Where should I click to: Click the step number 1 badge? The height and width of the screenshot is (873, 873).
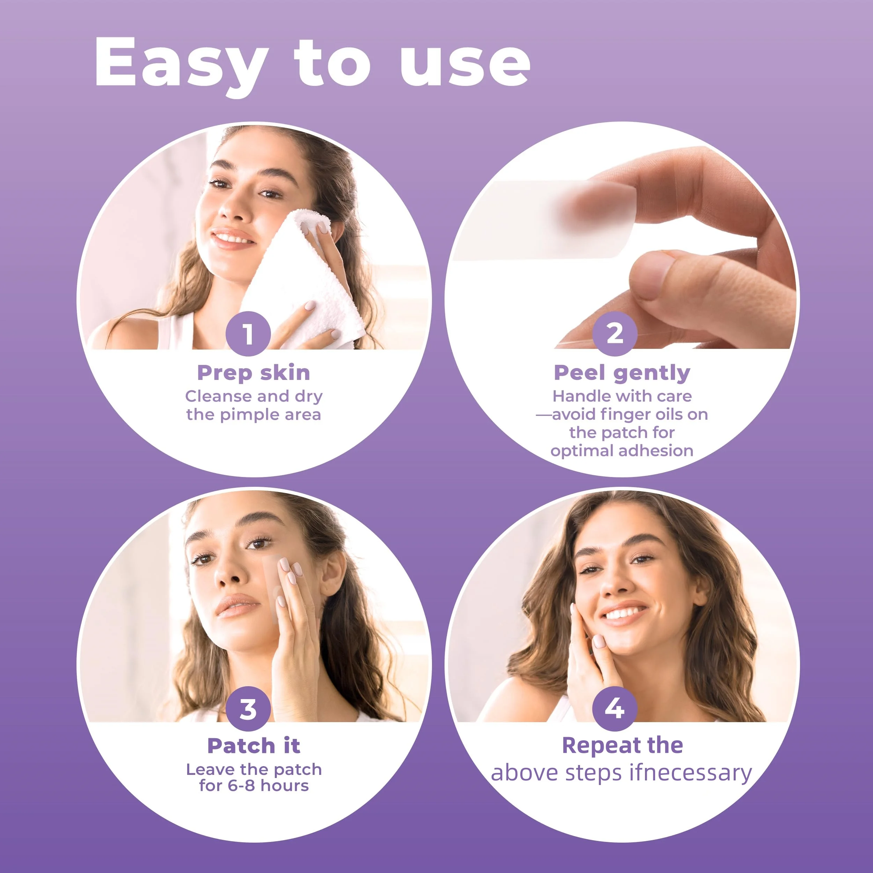click(248, 334)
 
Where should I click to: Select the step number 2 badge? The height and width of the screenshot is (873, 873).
click(615, 334)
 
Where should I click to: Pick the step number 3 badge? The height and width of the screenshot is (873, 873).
click(248, 709)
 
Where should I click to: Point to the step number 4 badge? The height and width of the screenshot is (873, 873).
click(615, 709)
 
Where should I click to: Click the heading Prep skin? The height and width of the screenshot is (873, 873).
click(254, 373)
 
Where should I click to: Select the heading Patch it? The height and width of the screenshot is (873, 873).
click(254, 746)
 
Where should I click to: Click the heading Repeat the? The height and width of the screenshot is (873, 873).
click(622, 746)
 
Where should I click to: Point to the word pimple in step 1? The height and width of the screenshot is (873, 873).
click(244, 415)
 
